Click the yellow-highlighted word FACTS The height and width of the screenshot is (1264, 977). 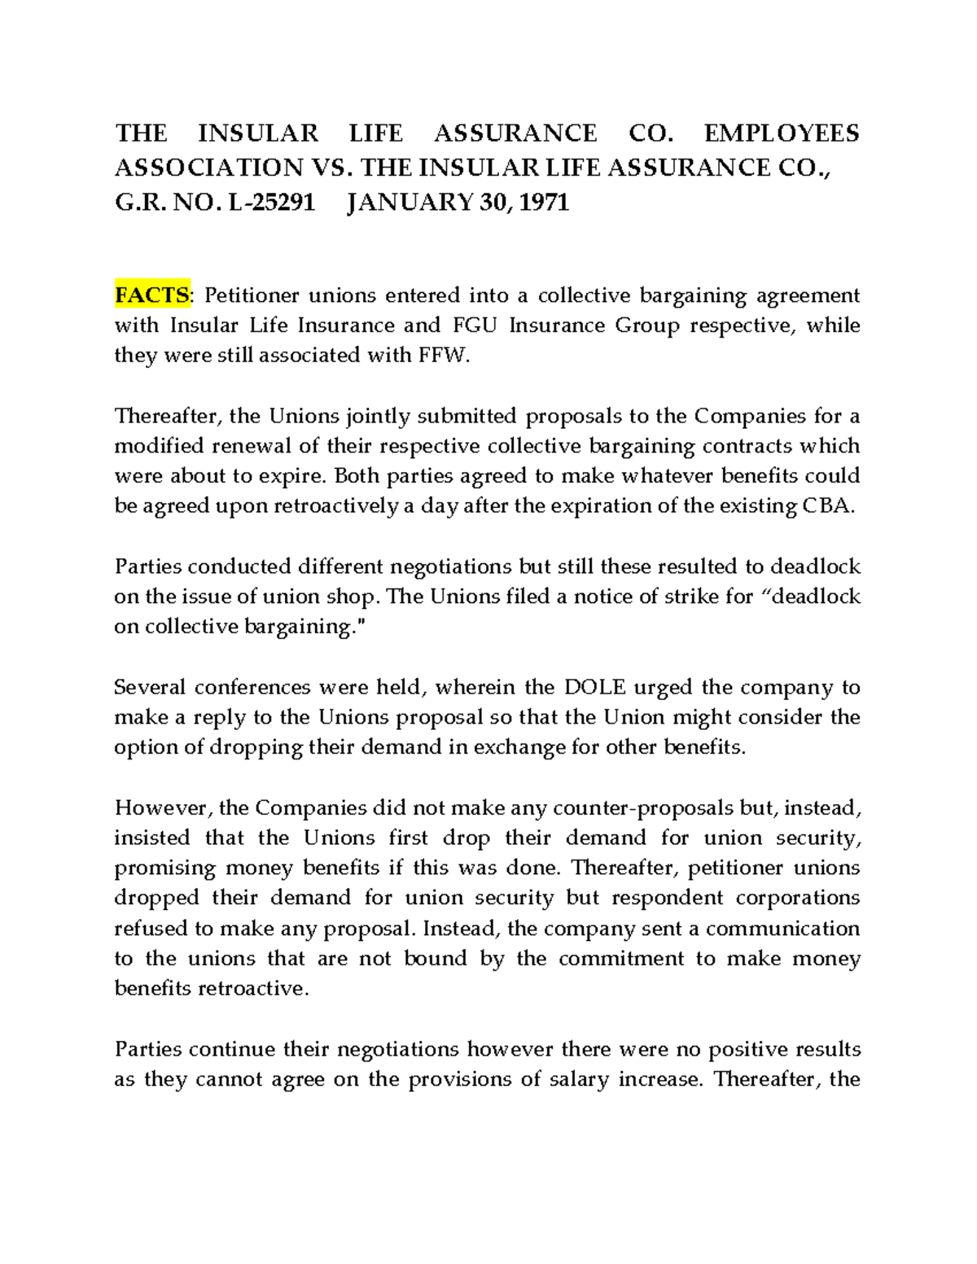click(151, 295)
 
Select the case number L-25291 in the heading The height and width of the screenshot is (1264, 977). click(271, 202)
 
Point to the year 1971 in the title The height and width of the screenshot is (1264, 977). click(543, 202)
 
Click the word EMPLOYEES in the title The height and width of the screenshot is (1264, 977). click(781, 133)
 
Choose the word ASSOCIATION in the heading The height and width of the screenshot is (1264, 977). click(208, 168)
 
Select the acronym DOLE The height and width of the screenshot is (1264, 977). click(595, 687)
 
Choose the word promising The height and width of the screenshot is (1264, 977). click(164, 868)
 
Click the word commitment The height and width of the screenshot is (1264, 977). click(620, 959)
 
